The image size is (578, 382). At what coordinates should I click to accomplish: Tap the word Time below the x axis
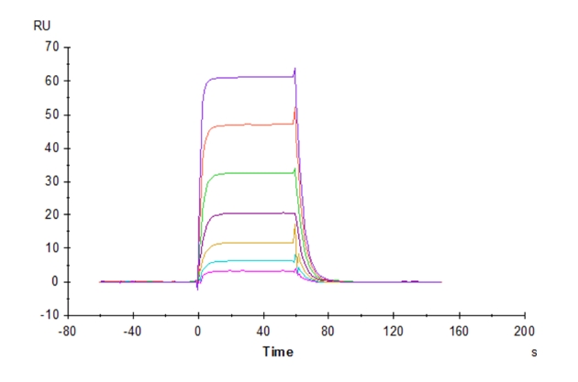(278, 351)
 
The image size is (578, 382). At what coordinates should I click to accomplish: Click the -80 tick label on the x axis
(67, 331)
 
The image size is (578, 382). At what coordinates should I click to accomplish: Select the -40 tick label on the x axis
(132, 331)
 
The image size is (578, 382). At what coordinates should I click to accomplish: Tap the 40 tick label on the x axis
(263, 331)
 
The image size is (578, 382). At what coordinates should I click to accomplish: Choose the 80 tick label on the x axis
(328, 331)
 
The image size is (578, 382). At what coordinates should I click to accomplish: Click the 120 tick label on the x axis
(394, 331)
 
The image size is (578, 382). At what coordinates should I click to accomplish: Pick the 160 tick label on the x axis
(459, 331)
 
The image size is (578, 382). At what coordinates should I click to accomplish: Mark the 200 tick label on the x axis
(524, 331)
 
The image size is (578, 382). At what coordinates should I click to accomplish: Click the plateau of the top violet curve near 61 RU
(248, 77)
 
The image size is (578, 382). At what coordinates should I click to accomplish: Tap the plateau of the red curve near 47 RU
(248, 124)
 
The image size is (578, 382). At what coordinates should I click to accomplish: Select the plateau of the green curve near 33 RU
(248, 172)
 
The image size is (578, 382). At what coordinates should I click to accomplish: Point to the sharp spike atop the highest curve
(295, 69)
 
